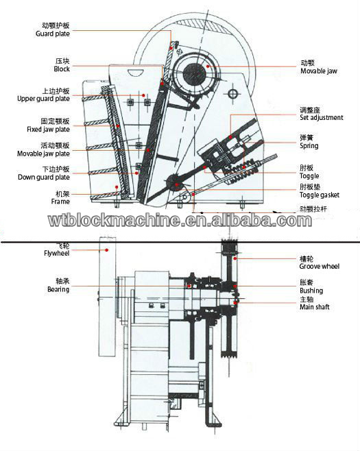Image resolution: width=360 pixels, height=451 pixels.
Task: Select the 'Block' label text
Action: coord(61,69)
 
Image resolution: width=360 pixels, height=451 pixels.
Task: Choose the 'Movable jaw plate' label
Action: coord(44,154)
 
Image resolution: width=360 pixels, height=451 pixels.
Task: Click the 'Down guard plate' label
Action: coord(45,178)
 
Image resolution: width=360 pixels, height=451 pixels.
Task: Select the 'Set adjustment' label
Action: coord(321,118)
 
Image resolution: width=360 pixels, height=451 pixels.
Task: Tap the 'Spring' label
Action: coord(309,146)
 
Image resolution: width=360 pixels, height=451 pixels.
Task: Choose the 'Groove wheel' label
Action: coord(319,267)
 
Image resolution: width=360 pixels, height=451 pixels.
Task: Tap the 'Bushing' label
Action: coord(311,291)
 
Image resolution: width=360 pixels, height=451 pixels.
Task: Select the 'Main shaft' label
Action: coord(314,307)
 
